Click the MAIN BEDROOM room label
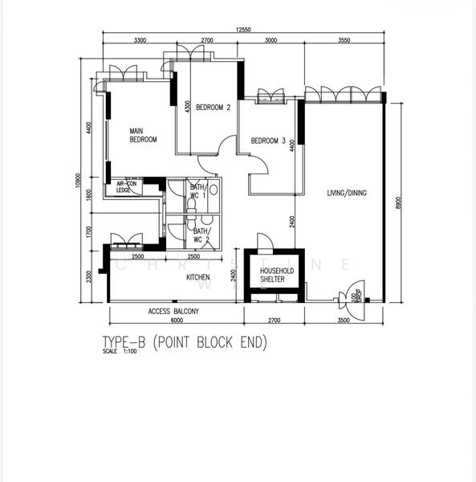click(x=143, y=134)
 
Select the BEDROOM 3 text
click(x=268, y=141)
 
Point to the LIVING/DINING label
click(x=347, y=193)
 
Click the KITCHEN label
click(x=198, y=277)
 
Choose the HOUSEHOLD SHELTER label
click(x=277, y=275)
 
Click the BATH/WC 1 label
click(x=198, y=191)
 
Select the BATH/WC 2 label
click(x=201, y=235)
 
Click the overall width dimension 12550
click(x=244, y=30)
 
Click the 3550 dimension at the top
click(x=347, y=40)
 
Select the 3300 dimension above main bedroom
click(x=140, y=40)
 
